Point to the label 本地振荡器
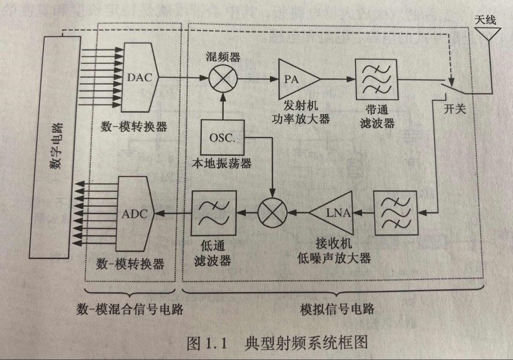pos(222,164)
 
